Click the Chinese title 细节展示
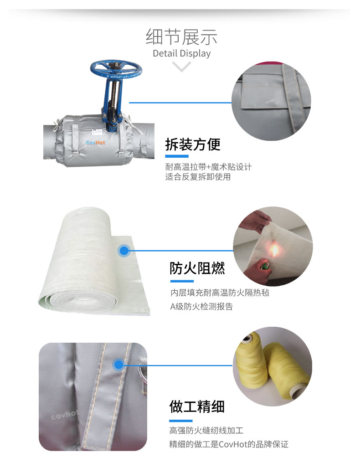click(181, 36)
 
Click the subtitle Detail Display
click(181, 53)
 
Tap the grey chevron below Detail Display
click(182, 67)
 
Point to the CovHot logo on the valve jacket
click(95, 143)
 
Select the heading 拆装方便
click(193, 145)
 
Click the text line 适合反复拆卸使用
click(198, 177)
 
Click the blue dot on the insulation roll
click(123, 250)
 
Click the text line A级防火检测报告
click(201, 306)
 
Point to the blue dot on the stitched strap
click(119, 365)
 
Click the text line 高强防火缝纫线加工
click(206, 430)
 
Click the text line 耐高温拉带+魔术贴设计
click(208, 167)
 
